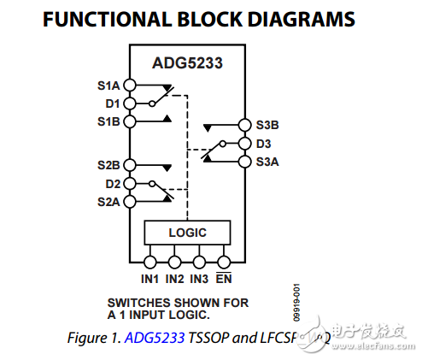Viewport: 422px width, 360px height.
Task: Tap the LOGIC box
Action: pyautogui.click(x=187, y=232)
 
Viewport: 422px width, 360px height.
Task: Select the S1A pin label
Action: pyautogui.click(x=108, y=86)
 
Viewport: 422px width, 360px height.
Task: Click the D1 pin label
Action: pyautogui.click(x=113, y=103)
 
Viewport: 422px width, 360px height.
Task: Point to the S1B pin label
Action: pyautogui.click(x=108, y=121)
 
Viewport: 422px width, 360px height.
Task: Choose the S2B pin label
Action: pyautogui.click(x=108, y=164)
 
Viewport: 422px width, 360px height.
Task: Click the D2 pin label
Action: pyautogui.click(x=113, y=183)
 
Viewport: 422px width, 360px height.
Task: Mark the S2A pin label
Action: pyautogui.click(x=108, y=202)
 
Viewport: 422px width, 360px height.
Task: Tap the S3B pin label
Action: pyautogui.click(x=267, y=125)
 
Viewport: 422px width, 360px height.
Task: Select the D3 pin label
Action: pyautogui.click(x=263, y=143)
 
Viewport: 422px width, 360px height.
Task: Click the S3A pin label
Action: pyautogui.click(x=267, y=161)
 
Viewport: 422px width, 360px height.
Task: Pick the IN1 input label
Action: pyautogui.click(x=150, y=279)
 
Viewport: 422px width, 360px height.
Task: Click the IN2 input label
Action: pyautogui.click(x=175, y=279)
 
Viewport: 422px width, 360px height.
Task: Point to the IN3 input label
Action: pyautogui.click(x=199, y=279)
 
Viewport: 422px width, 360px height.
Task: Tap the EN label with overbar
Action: pyautogui.click(x=223, y=279)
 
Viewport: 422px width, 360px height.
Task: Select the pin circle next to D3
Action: pyautogui.click(x=244, y=143)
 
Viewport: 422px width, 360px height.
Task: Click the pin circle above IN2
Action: pyautogui.click(x=175, y=262)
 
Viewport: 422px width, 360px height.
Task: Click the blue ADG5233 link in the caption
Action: pyautogui.click(x=155, y=338)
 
